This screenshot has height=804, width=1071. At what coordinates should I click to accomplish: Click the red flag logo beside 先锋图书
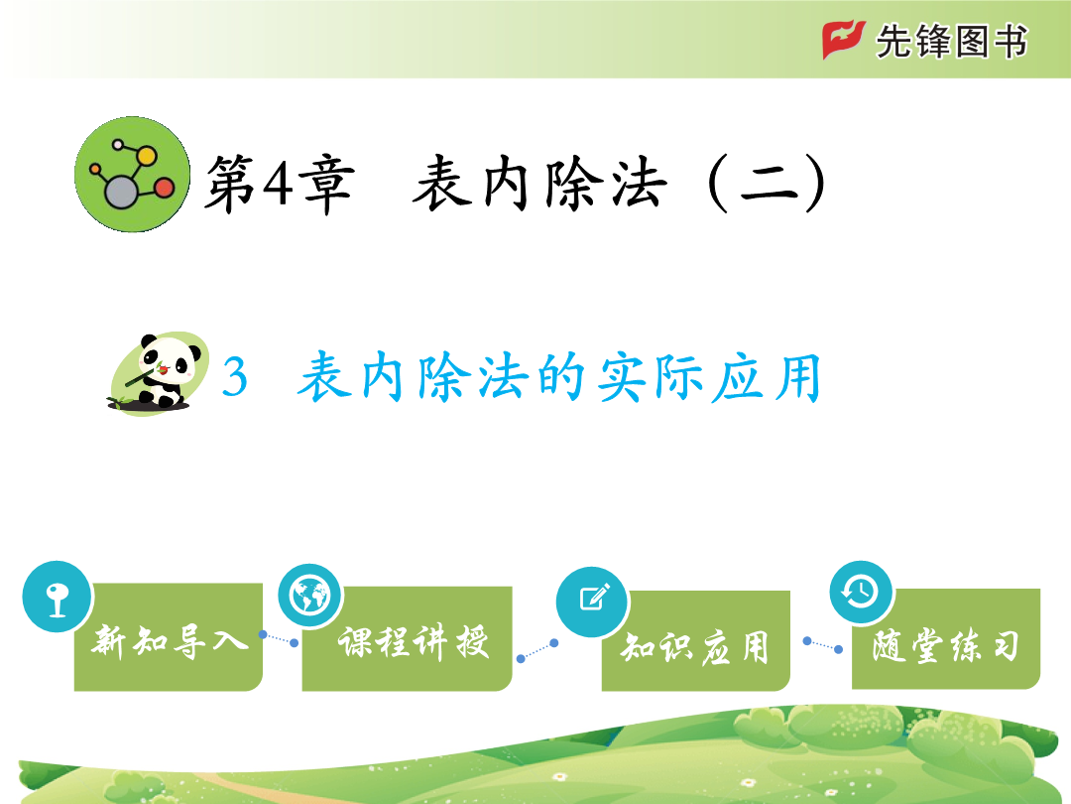[844, 40]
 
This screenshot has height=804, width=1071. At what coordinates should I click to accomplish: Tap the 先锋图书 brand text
[951, 42]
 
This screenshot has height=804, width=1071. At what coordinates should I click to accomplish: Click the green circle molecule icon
[133, 175]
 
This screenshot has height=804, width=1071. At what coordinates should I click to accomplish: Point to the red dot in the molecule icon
[164, 188]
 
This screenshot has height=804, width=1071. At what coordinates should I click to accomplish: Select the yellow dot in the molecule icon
[146, 156]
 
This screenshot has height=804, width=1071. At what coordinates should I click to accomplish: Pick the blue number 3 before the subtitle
[234, 377]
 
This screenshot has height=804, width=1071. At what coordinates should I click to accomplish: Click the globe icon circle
[310, 597]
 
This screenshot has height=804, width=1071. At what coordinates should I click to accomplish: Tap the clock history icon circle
[861, 592]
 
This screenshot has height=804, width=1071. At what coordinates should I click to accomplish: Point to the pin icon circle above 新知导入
[57, 597]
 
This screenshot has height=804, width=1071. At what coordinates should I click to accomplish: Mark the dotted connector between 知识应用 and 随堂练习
[823, 645]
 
